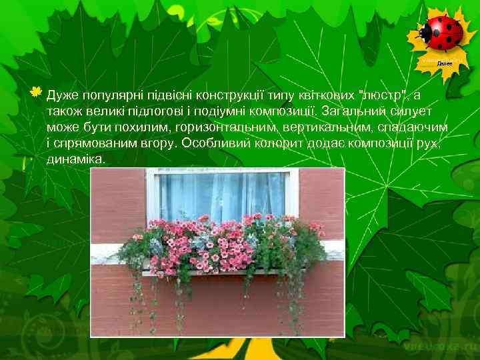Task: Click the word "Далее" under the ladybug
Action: [445, 63]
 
